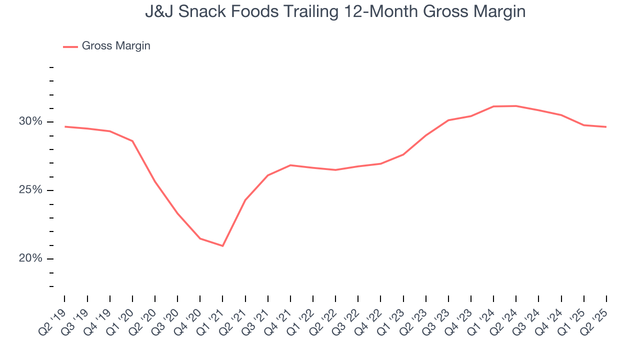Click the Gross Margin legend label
pos(116,46)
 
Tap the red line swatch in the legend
pos(70,46)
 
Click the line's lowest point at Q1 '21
pos(222,246)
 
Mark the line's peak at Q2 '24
pos(516,106)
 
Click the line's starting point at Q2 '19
pos(65,126)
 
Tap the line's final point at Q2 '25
pos(606,127)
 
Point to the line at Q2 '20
pos(155,181)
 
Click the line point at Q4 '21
pos(290,165)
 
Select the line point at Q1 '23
pos(403,154)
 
